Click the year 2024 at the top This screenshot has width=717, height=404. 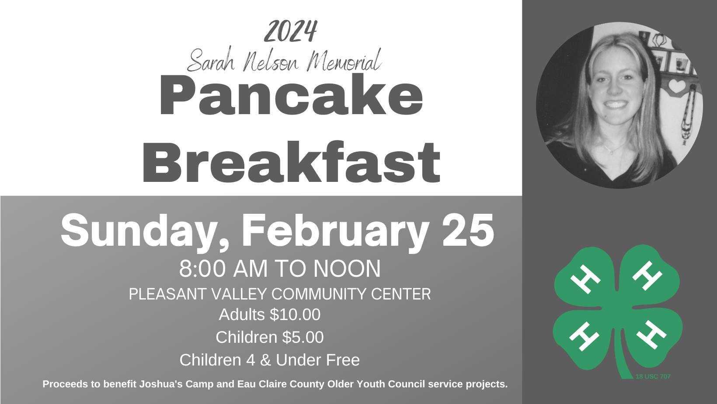[290, 31]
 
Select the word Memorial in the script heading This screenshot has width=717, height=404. [344, 60]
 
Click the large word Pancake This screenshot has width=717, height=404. [291, 95]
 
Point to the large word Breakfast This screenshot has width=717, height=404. [291, 162]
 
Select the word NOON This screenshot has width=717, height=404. [347, 268]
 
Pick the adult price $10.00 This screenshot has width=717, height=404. [295, 314]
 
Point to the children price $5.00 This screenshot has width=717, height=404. [303, 337]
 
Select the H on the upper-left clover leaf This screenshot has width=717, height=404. [585, 279]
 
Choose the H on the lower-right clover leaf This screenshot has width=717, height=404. [651, 334]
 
